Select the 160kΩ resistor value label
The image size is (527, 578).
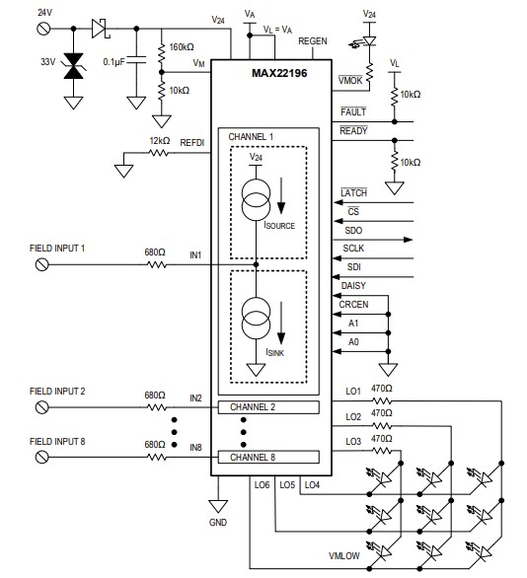coord(182,46)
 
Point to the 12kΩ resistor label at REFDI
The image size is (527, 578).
coord(159,141)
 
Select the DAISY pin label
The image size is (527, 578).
coord(353,285)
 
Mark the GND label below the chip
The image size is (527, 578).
coord(218,520)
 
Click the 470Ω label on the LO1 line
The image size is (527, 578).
coord(380,389)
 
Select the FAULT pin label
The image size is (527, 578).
coord(352,112)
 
